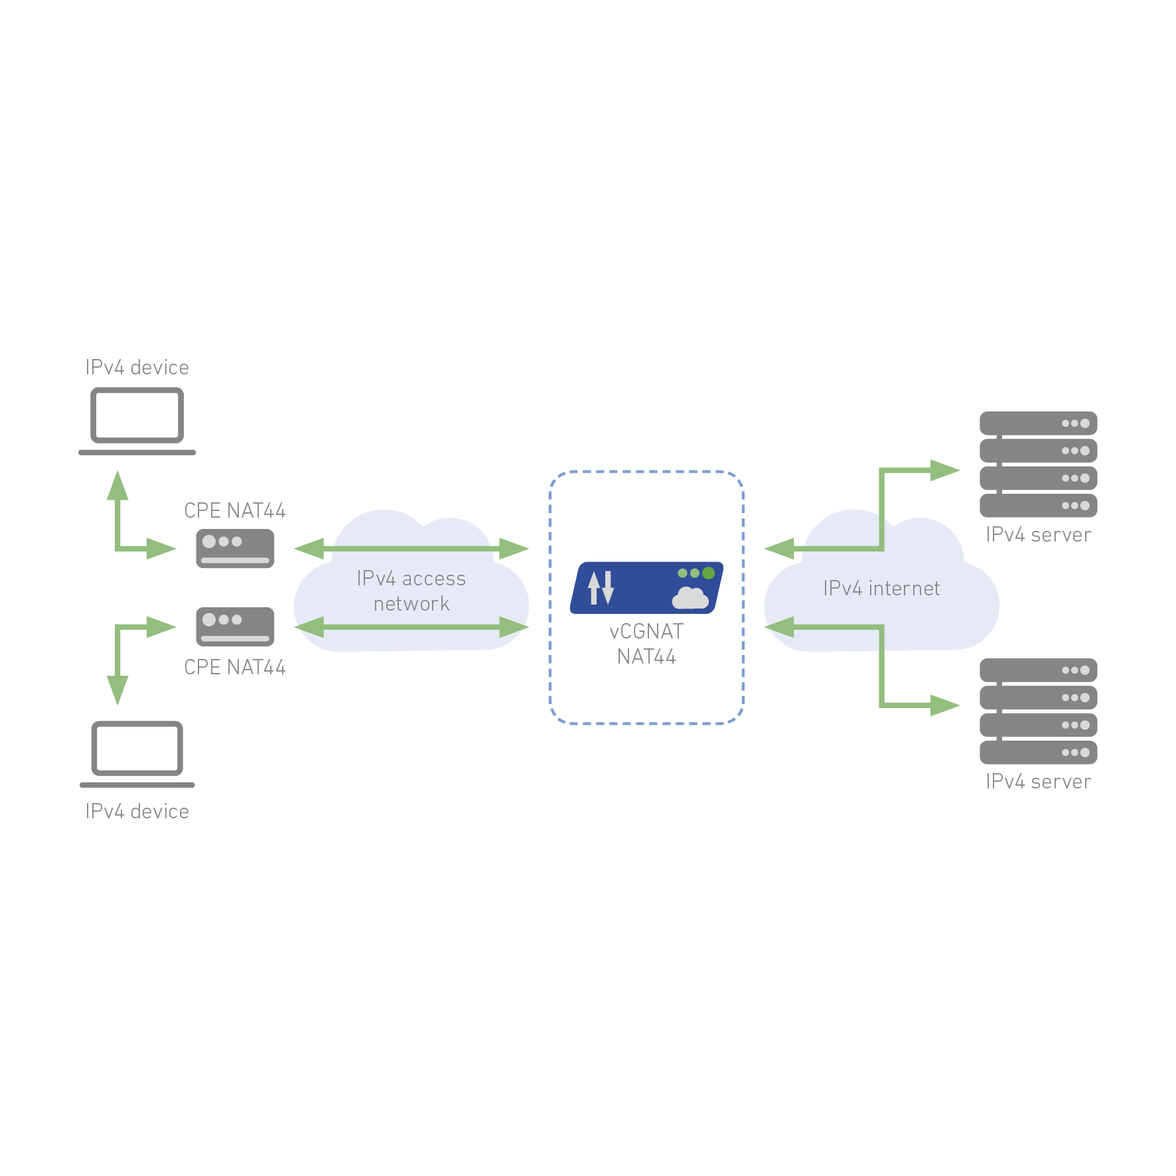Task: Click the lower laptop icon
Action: [137, 753]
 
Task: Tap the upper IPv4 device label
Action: [137, 368]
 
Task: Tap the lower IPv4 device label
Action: [137, 812]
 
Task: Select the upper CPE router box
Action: [235, 549]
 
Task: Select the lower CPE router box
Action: [235, 626]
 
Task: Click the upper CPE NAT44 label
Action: [235, 510]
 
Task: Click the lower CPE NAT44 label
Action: [235, 667]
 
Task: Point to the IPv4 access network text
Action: [411, 591]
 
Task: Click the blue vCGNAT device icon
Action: [646, 588]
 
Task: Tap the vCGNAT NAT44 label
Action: [646, 644]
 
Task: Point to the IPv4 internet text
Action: [881, 589]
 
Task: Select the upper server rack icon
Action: [1038, 464]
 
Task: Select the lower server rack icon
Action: [1038, 711]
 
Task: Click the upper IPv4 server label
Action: [1038, 535]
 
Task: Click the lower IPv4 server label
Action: [1038, 782]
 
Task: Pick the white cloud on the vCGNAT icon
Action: [690, 598]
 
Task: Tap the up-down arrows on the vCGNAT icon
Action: [601, 588]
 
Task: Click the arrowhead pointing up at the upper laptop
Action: [117, 486]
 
